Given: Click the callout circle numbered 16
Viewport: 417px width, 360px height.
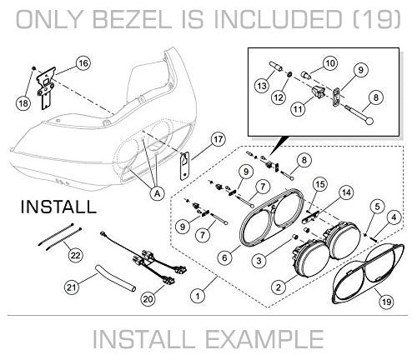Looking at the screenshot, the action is (x=83, y=63).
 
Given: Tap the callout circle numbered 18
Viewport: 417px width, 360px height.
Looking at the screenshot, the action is (x=23, y=103).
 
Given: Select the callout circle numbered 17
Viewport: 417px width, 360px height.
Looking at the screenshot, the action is (x=219, y=139).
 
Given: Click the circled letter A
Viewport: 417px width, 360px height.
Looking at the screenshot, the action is (x=158, y=193).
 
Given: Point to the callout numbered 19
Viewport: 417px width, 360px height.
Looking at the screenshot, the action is (x=387, y=302).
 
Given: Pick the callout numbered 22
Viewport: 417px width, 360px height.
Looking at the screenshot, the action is (x=76, y=255).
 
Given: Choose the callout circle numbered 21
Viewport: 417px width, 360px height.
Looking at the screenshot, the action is (x=72, y=287).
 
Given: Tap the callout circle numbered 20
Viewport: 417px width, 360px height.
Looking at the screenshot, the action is (x=148, y=299).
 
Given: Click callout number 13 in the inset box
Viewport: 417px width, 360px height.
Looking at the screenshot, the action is (x=262, y=86).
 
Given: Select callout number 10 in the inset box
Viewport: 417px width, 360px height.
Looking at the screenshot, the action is (x=330, y=63).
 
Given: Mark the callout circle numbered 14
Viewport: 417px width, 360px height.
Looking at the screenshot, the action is (x=346, y=192).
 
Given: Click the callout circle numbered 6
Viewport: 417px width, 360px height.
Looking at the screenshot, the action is (x=224, y=258).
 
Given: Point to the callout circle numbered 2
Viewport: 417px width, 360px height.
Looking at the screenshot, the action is (x=279, y=287).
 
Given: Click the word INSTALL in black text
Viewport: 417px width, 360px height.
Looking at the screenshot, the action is (x=59, y=207).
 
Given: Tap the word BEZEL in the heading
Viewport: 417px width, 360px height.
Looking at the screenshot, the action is (x=134, y=19).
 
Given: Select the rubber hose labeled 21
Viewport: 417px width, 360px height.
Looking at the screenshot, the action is (x=115, y=278).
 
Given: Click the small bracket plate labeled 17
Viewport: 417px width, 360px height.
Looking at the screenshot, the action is (x=184, y=166).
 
